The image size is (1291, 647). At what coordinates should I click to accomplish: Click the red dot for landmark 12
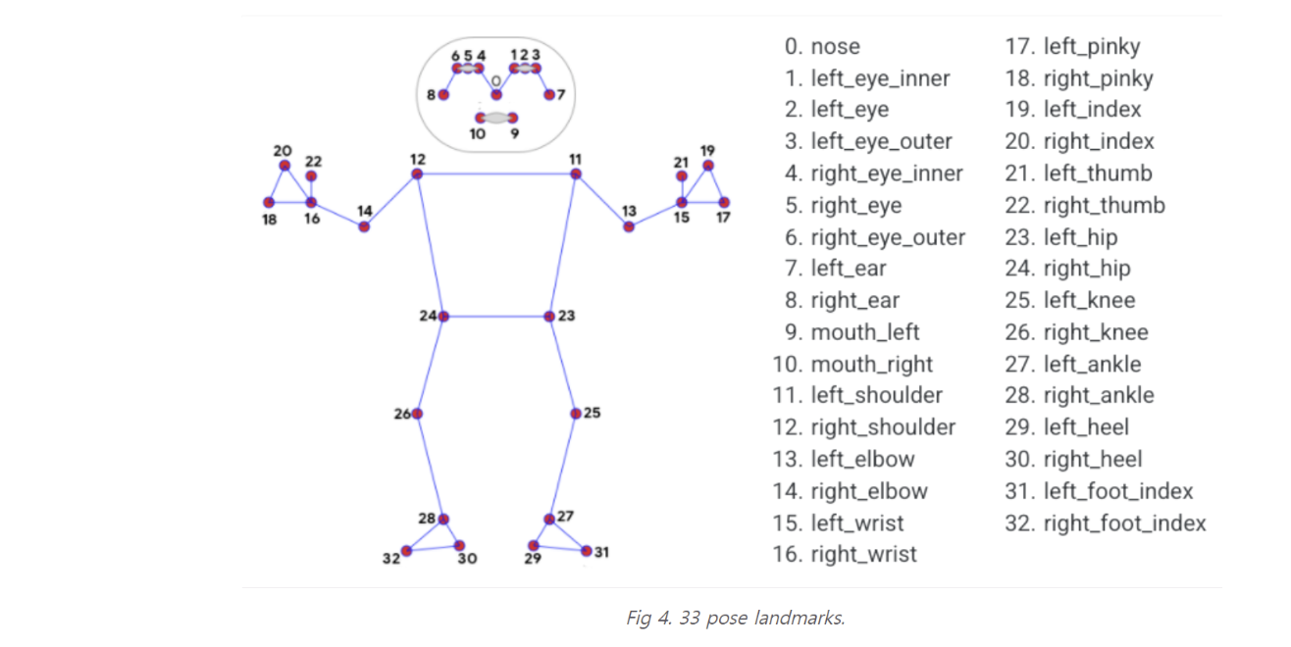[x=417, y=174]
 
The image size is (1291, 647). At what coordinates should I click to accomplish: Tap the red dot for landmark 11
[x=576, y=174]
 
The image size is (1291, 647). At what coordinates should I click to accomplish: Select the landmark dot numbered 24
[x=443, y=316]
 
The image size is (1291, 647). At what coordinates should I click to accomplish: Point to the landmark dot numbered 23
[x=550, y=316]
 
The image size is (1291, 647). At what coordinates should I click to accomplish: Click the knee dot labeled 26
[x=417, y=414]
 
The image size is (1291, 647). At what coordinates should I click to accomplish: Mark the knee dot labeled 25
[x=576, y=413]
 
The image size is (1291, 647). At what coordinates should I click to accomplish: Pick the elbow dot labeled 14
[x=364, y=226]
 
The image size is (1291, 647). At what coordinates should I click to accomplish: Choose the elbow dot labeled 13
[x=629, y=226]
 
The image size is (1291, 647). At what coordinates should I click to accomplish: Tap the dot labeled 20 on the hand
[x=284, y=165]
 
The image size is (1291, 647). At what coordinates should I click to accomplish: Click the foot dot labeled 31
[x=587, y=551]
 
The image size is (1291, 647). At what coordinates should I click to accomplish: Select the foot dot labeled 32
[x=406, y=551]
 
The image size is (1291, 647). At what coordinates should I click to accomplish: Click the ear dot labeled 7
[x=549, y=95]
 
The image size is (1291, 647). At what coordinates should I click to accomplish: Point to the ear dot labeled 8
[x=443, y=95]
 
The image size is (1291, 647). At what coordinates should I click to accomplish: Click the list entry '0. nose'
[x=822, y=46]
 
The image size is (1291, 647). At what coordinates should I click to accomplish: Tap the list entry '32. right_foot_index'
[x=1106, y=523]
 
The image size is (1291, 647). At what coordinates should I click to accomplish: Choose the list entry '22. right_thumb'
[x=1085, y=205]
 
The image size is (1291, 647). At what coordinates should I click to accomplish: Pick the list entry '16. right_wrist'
[x=845, y=554]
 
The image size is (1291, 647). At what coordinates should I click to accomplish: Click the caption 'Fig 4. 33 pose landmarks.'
[x=735, y=619]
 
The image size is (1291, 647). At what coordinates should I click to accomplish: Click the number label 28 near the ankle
[x=426, y=517]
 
